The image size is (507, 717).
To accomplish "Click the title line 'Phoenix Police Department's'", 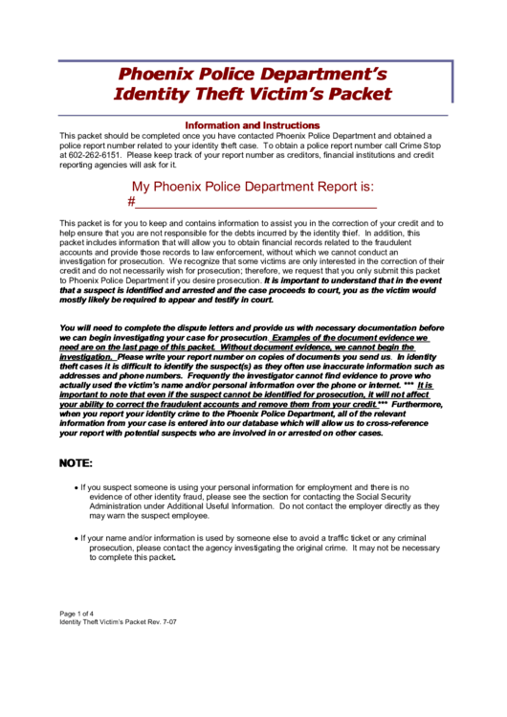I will click(x=253, y=74).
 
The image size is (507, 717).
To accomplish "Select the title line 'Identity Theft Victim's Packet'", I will click(x=253, y=94).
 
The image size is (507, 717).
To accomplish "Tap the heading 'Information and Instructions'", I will click(x=253, y=125).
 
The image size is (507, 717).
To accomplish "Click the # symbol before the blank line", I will click(x=131, y=203).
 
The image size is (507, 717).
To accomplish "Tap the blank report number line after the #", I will click(x=256, y=205).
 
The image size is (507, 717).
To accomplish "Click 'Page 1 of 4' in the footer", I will click(x=77, y=613).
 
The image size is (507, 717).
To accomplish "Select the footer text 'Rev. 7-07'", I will click(x=159, y=622).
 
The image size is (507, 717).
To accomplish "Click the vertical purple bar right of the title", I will click(x=452, y=82).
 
